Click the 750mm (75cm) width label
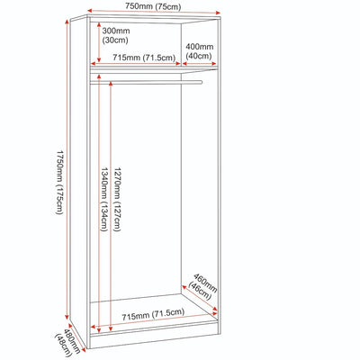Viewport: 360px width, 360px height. (153, 6)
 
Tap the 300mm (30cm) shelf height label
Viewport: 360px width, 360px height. (116, 35)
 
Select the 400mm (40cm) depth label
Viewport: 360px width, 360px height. (200, 51)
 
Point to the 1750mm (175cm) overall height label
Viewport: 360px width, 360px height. (60, 182)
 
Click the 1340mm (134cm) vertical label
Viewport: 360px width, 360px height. (104, 200)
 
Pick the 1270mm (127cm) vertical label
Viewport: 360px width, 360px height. (117, 200)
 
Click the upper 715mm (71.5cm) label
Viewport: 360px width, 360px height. (144, 58)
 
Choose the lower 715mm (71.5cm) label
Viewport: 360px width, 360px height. (153, 314)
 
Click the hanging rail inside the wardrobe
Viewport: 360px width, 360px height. (146, 82)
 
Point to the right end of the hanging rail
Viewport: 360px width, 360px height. (202, 82)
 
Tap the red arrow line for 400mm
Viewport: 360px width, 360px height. (200, 64)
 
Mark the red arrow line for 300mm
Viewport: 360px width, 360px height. (98, 41)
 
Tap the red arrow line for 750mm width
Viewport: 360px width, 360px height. (155, 12)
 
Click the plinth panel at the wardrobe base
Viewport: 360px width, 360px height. (153, 339)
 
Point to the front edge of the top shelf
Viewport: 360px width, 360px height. (154, 70)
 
